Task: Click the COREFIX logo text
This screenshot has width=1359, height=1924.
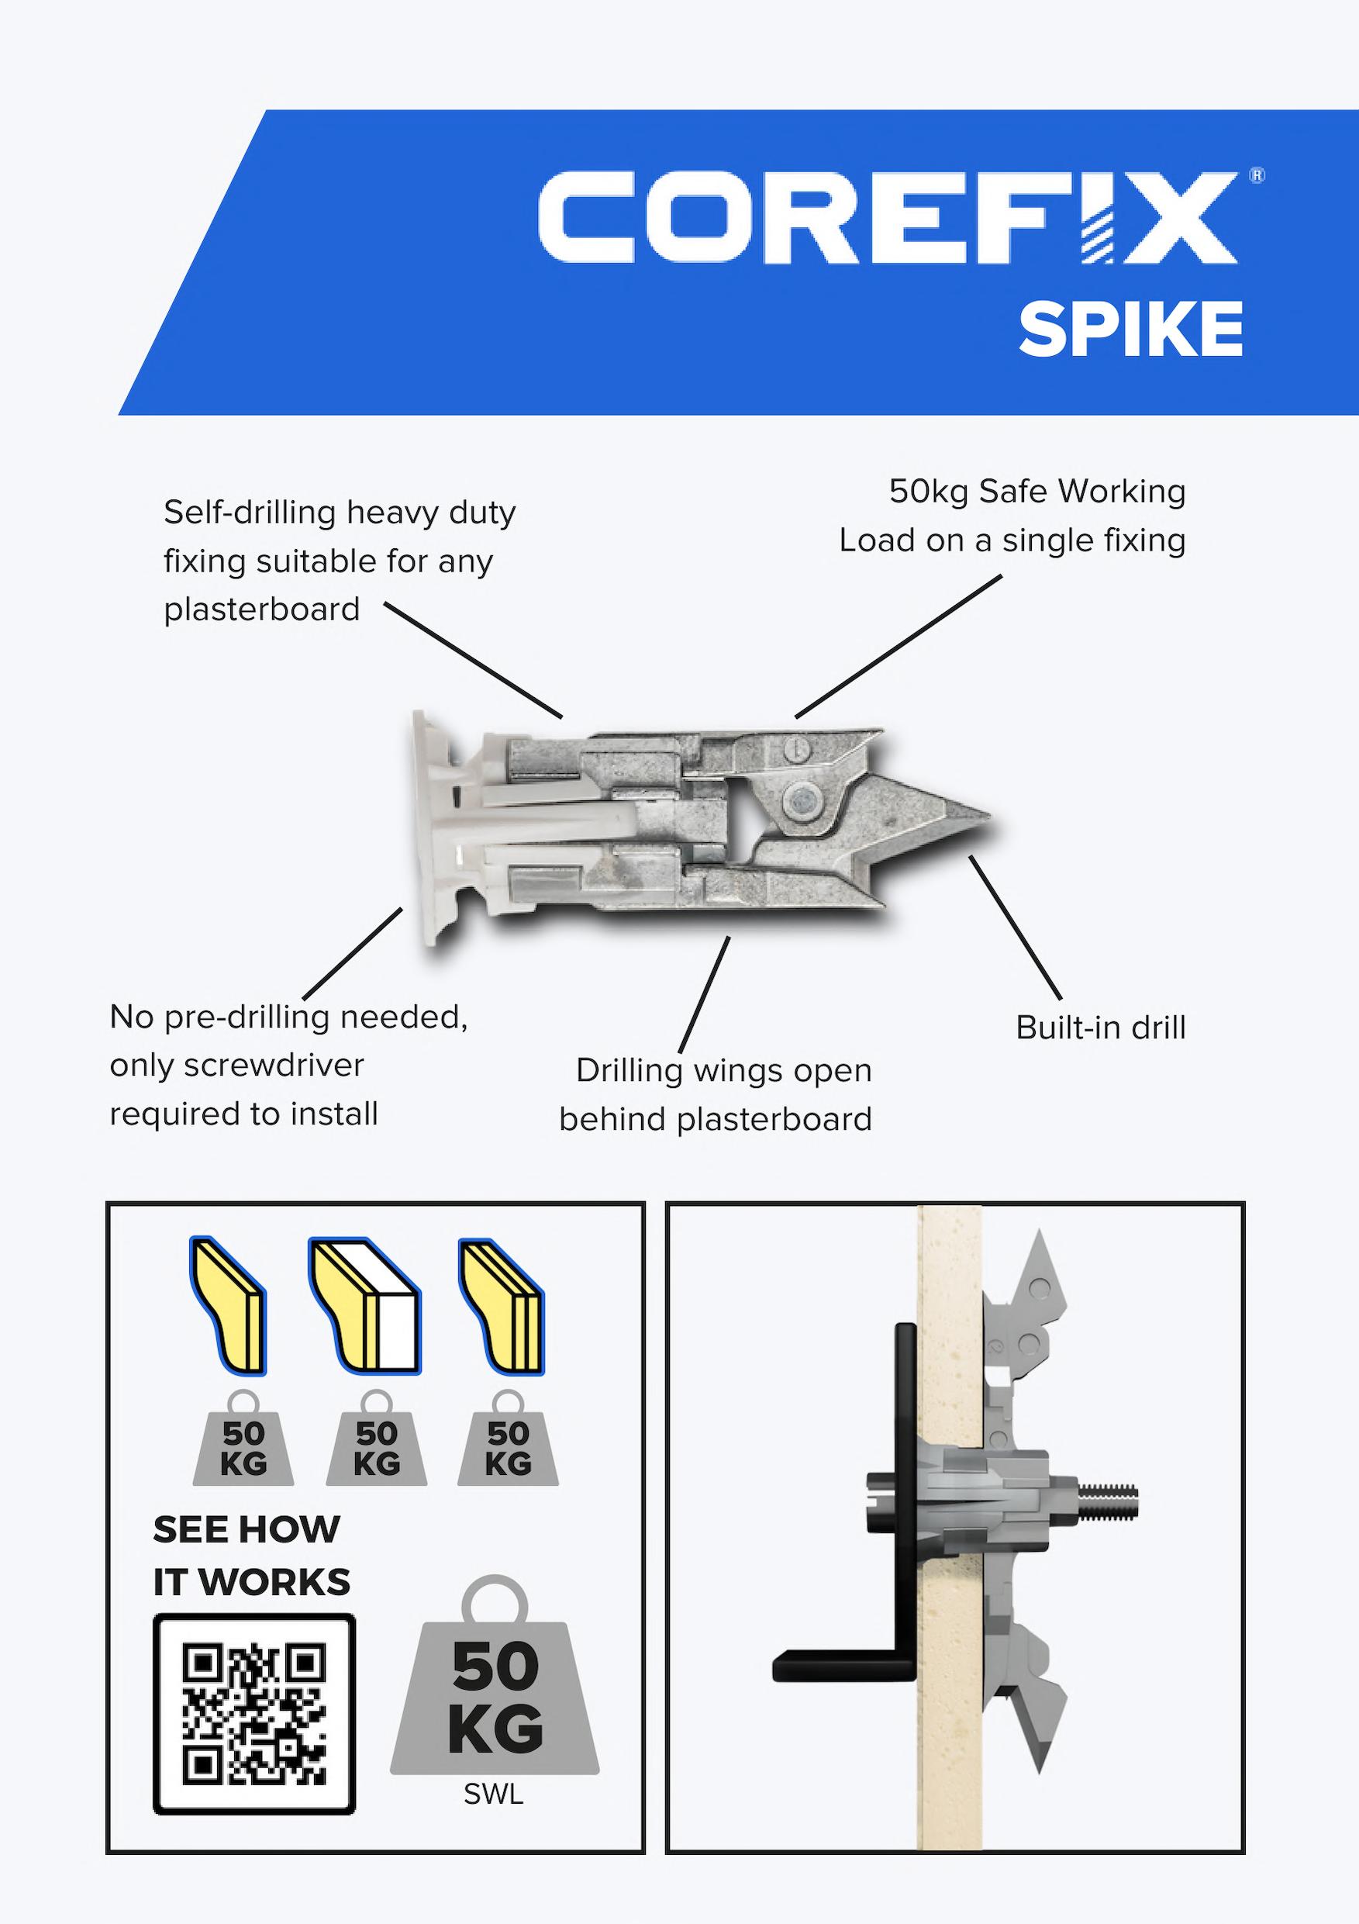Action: (x=886, y=218)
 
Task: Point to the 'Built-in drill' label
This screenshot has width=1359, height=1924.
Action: (x=1100, y=1028)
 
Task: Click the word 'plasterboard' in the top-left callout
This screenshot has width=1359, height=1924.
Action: (x=261, y=610)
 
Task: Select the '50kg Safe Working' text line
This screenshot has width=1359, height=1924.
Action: (x=1036, y=491)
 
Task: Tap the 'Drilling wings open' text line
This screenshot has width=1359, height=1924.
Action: (x=724, y=1071)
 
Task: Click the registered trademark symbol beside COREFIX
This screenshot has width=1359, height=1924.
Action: (x=1257, y=175)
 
